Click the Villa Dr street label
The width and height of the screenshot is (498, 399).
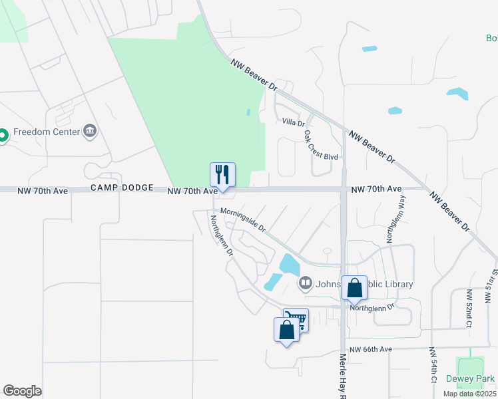(x=293, y=122)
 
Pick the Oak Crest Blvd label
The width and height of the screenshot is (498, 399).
(x=321, y=144)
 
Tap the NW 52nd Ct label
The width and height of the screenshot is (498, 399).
(x=469, y=309)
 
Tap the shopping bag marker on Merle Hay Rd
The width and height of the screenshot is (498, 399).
(x=355, y=289)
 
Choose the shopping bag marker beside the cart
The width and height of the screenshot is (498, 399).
(x=286, y=331)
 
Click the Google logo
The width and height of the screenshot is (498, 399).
(x=22, y=391)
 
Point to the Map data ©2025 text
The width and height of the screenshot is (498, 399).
(x=469, y=394)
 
